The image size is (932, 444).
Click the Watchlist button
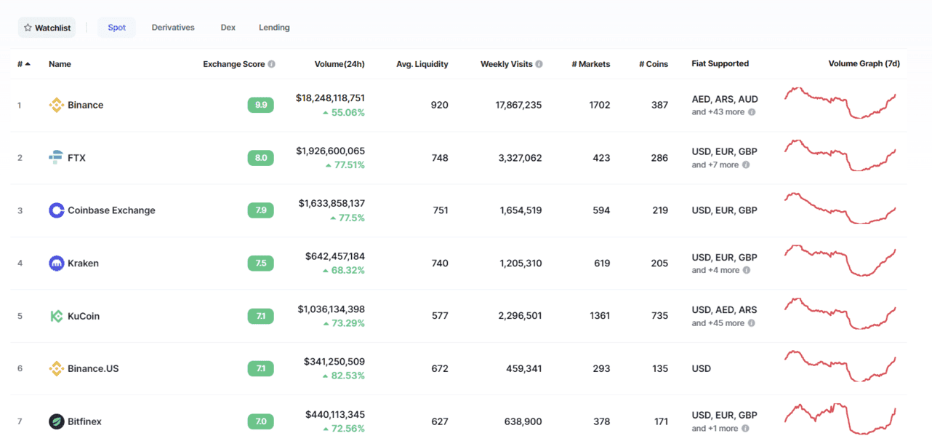coord(47,28)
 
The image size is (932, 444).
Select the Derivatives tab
coord(173,28)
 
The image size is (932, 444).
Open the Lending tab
coord(274,28)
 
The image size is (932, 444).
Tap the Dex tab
coord(228,28)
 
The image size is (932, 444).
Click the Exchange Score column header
coord(234,64)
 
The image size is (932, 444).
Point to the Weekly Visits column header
coord(507,64)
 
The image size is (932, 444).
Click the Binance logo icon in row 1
coord(56,106)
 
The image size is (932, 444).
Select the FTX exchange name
coord(76,158)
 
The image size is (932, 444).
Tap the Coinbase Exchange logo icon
coord(56,210)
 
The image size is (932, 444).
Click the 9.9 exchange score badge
coord(261,105)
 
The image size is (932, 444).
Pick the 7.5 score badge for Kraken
coord(261,263)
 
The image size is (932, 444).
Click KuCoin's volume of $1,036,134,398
coord(332,309)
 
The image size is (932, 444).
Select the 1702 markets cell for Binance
coord(600,105)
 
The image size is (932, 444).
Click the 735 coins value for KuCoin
coord(659,316)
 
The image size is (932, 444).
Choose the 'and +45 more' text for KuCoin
coord(718,323)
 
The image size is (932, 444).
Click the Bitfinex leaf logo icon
coord(56,421)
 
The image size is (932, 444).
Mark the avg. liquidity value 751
coord(440,210)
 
